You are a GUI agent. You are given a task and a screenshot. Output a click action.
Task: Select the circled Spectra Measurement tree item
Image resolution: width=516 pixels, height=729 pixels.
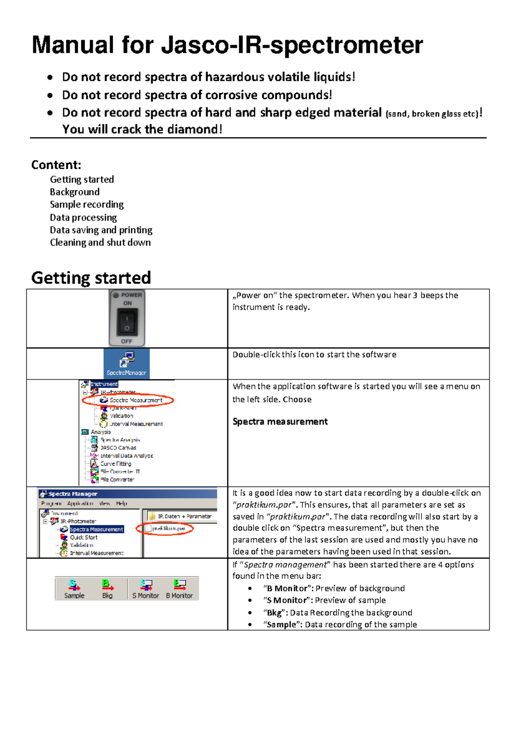(x=135, y=400)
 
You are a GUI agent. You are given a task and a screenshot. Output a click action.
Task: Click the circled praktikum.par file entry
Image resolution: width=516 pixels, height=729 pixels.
(x=169, y=528)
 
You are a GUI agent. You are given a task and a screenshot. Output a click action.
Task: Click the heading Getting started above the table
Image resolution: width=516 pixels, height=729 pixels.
(x=91, y=278)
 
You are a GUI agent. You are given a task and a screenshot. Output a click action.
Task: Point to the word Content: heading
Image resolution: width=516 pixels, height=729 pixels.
(x=56, y=165)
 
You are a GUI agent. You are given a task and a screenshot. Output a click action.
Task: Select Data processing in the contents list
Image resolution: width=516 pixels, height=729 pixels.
(x=83, y=217)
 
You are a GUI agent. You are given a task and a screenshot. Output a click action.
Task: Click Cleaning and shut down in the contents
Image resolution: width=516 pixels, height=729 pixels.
(x=100, y=242)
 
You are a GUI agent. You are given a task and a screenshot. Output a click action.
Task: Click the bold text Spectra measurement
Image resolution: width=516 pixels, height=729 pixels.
(x=280, y=422)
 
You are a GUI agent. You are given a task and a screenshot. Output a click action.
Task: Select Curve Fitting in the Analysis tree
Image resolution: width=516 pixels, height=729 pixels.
(x=115, y=464)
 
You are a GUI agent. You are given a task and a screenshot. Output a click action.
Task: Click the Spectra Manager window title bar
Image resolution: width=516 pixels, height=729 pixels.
(x=127, y=494)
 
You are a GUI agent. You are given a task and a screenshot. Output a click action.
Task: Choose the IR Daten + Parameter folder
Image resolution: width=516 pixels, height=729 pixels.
(x=184, y=516)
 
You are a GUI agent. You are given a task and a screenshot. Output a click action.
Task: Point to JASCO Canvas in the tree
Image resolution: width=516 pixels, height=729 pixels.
(x=118, y=447)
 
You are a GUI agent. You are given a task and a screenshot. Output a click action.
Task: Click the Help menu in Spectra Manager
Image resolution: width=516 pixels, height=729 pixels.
(x=122, y=503)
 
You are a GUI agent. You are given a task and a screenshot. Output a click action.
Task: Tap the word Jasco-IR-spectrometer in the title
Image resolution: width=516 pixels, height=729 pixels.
(x=292, y=45)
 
